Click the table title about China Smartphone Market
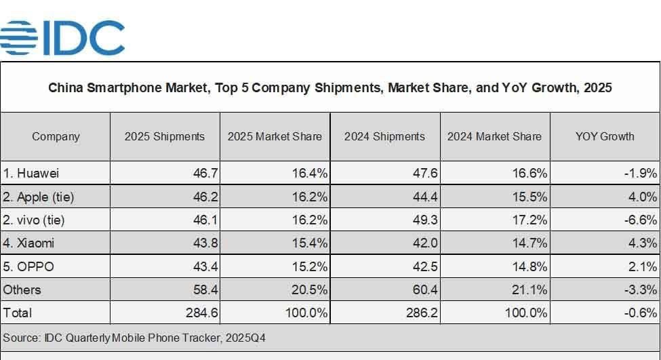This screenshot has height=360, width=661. [x=329, y=87]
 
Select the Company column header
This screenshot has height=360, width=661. [x=56, y=136]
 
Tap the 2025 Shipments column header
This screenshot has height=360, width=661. [x=164, y=136]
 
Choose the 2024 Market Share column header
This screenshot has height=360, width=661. [x=494, y=136]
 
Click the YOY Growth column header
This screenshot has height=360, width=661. [x=604, y=136]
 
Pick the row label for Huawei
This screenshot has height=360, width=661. [x=31, y=174]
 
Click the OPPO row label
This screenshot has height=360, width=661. [x=28, y=266]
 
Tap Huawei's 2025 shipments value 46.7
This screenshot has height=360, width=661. [x=205, y=174]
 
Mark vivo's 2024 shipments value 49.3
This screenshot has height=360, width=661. [x=424, y=220]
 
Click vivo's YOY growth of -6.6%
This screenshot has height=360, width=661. [x=640, y=220]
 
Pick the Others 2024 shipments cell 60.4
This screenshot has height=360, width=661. [x=424, y=289]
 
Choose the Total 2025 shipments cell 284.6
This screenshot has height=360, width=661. [x=201, y=313]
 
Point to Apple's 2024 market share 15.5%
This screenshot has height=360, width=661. [x=529, y=197]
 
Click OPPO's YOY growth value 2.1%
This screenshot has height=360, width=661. [x=643, y=266]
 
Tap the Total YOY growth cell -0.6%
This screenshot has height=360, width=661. [x=640, y=313]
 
